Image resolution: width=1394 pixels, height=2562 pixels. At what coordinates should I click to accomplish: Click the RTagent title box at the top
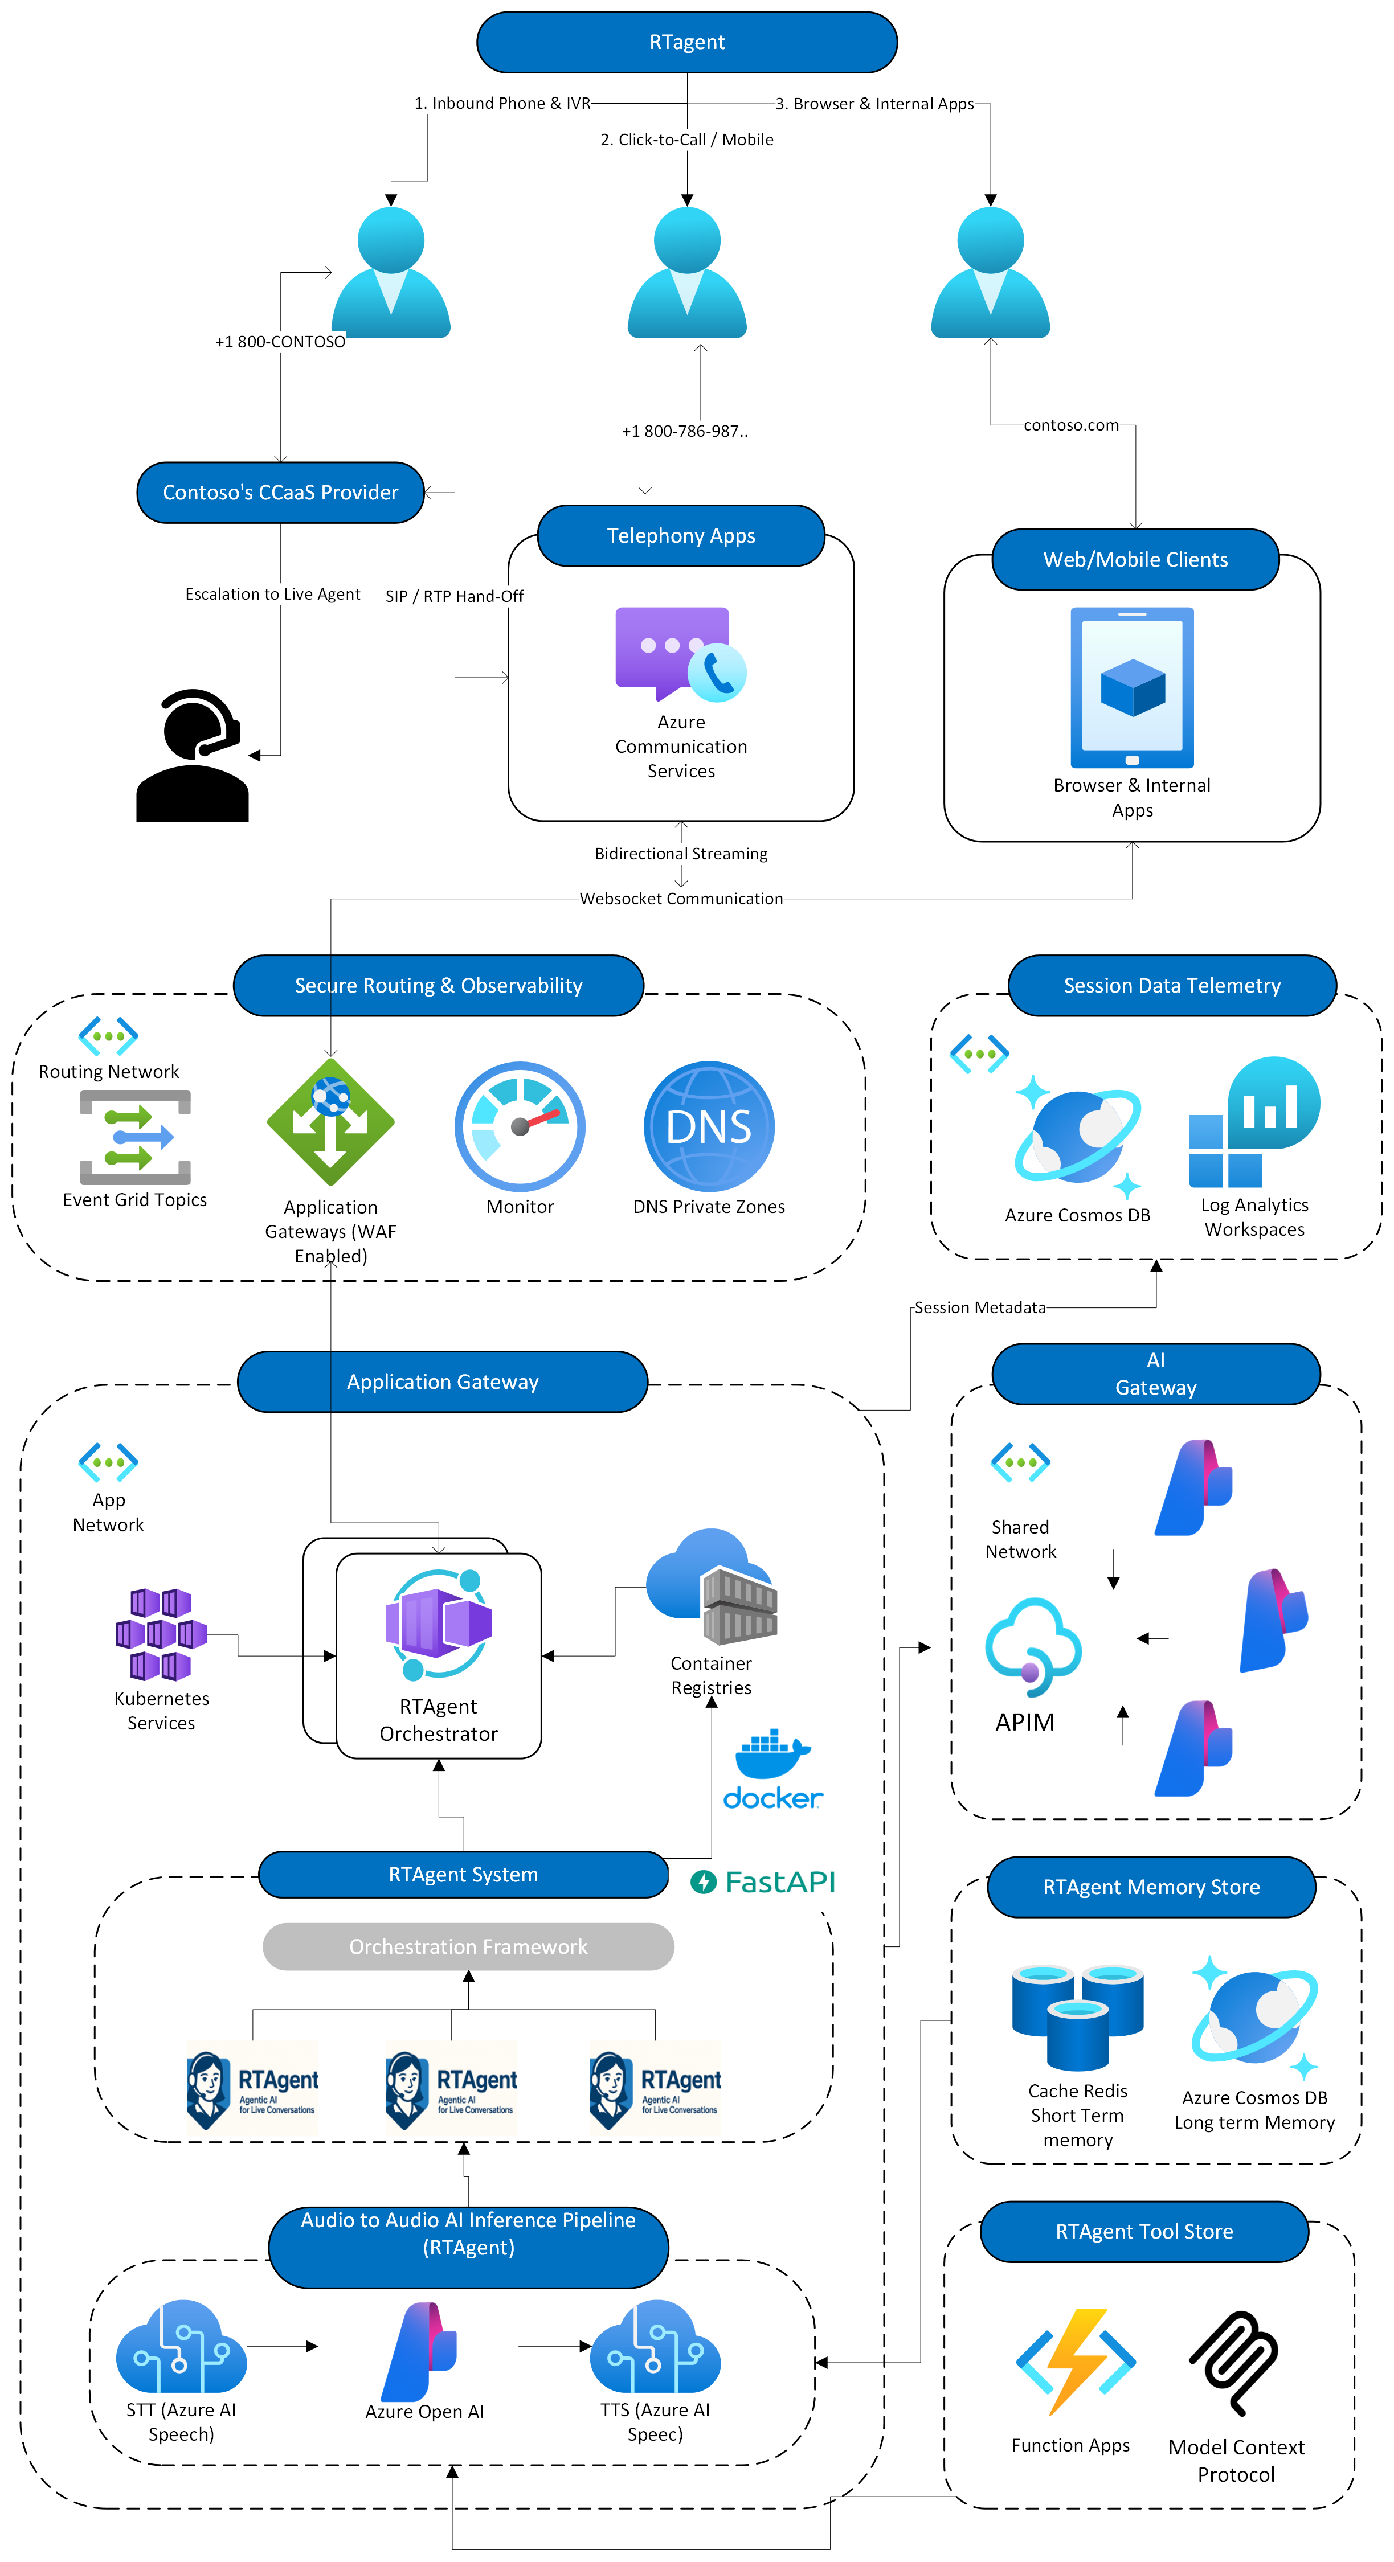click(x=686, y=42)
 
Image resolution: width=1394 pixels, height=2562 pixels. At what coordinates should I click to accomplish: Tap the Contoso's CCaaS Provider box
click(x=281, y=493)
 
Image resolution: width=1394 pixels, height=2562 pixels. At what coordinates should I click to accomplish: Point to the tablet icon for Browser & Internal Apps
click(x=1133, y=687)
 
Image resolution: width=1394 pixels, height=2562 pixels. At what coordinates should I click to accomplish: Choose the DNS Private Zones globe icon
click(x=709, y=1126)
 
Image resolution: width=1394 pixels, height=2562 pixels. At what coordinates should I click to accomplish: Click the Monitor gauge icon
click(x=520, y=1126)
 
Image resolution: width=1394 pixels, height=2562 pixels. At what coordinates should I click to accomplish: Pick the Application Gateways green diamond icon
click(x=330, y=1122)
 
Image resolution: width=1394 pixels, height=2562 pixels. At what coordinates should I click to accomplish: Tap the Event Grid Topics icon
click(x=136, y=1137)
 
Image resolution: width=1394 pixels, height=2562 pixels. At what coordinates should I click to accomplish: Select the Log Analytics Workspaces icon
click(x=1254, y=1122)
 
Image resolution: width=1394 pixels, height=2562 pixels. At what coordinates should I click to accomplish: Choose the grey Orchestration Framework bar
click(x=468, y=1946)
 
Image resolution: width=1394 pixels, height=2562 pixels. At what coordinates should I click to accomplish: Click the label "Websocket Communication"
click(x=681, y=898)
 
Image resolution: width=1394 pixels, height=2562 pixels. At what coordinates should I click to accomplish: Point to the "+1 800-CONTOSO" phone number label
click(x=281, y=341)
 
